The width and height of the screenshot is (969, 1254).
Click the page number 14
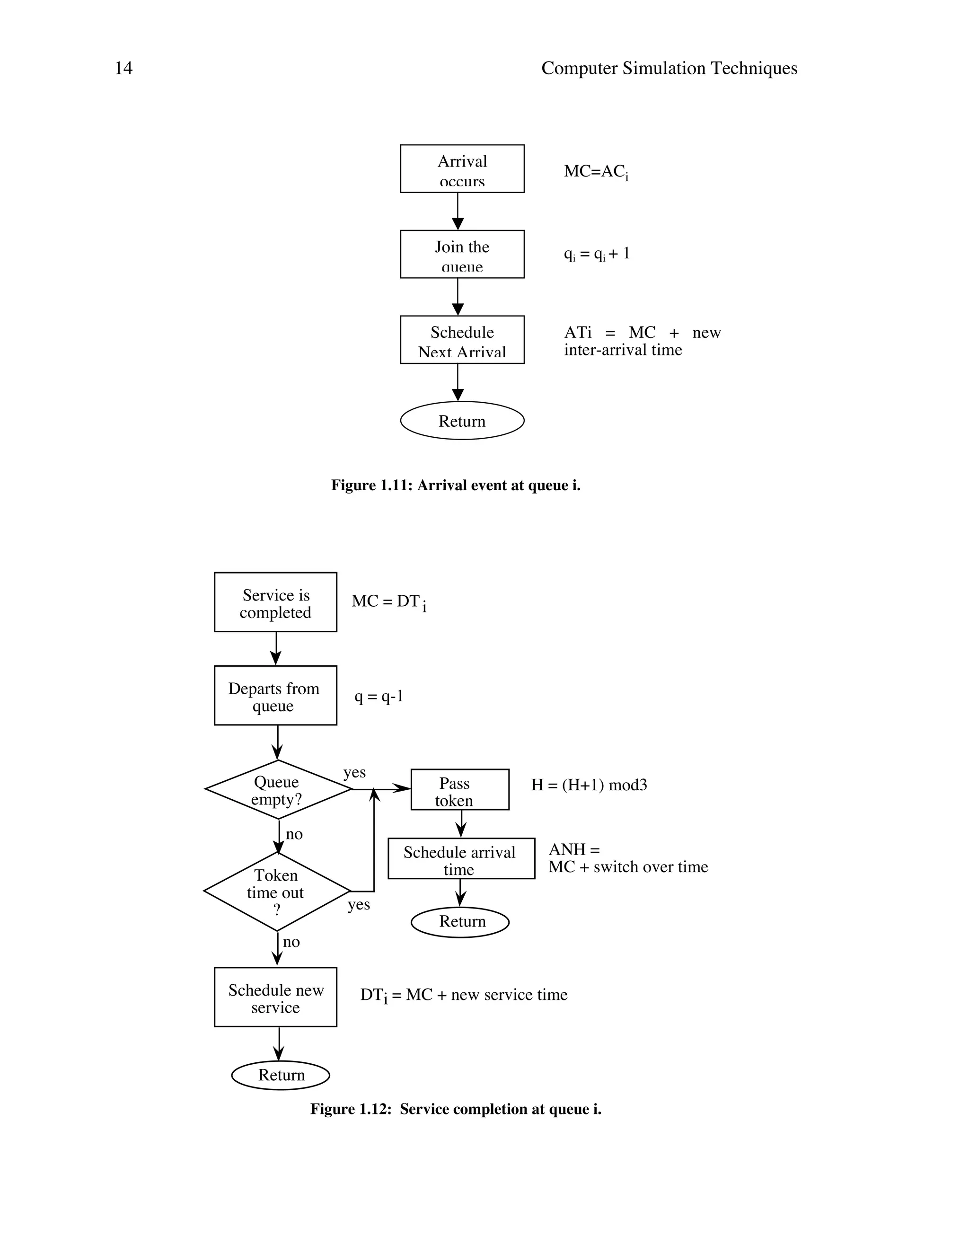(x=123, y=68)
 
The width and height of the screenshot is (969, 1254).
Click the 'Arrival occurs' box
(x=462, y=169)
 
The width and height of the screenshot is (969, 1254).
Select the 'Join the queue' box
(x=462, y=255)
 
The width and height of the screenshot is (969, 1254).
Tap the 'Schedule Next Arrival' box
(x=462, y=340)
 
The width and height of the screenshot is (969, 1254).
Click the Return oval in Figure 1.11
(x=462, y=421)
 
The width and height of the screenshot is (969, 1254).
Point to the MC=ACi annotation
(x=595, y=172)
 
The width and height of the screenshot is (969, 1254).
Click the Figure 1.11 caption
(x=456, y=486)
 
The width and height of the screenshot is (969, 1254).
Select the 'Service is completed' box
(x=275, y=602)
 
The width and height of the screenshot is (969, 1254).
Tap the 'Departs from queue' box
(x=275, y=696)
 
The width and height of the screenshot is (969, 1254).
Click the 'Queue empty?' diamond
(x=278, y=790)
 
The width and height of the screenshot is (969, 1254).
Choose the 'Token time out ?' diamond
(x=277, y=892)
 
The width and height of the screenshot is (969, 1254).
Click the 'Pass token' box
(x=460, y=790)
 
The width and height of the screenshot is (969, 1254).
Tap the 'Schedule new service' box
(x=275, y=998)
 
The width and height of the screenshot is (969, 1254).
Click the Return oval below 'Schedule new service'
(x=281, y=1075)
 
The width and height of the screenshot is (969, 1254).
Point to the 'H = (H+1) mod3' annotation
(x=589, y=785)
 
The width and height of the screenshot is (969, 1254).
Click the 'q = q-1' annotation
(x=379, y=697)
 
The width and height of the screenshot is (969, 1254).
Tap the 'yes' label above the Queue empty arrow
(x=354, y=772)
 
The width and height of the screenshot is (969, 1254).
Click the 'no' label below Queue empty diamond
(x=294, y=834)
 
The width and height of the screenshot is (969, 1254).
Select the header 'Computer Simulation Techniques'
(x=669, y=68)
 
